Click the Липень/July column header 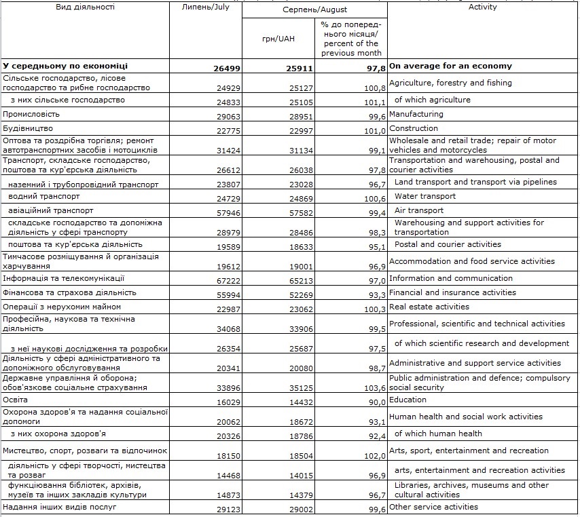tap(206, 7)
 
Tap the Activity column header tap(482, 7)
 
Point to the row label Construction tap(414, 128)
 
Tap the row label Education tap(407, 400)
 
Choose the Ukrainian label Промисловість tap(31, 114)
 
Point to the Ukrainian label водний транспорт tap(44, 196)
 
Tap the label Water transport tap(425, 196)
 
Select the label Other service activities tap(433, 507)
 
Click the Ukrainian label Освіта tap(17, 400)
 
